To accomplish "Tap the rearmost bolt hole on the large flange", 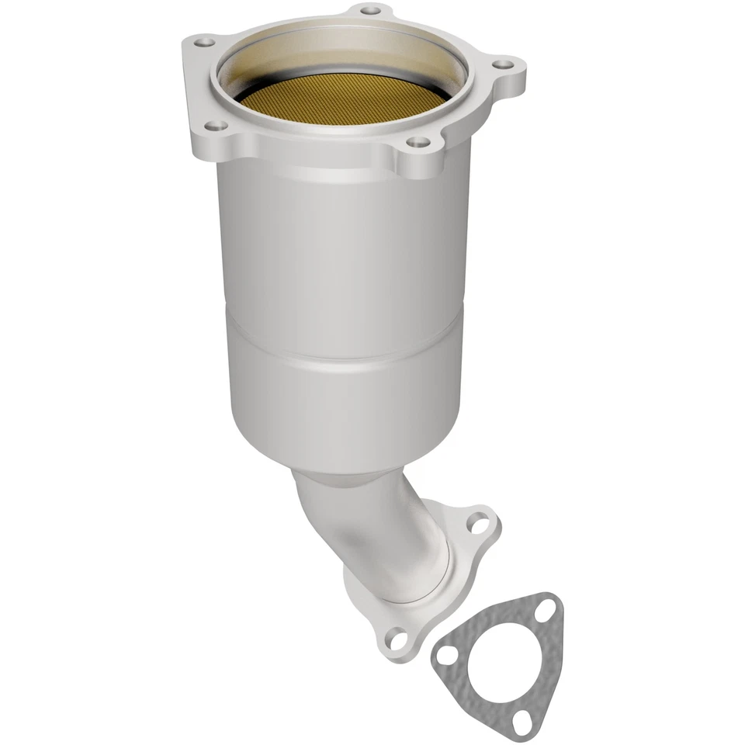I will coord(371,11).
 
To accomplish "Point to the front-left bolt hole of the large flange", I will coord(216,125).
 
